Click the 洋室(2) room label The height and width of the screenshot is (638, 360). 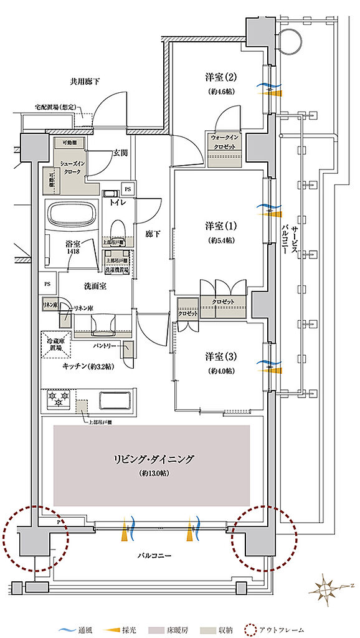[x=221, y=78]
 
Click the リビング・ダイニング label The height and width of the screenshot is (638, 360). [x=153, y=460]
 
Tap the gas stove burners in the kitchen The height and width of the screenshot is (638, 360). [x=57, y=399]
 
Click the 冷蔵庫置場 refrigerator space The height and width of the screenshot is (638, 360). [x=57, y=344]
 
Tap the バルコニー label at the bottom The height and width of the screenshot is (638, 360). [x=153, y=555]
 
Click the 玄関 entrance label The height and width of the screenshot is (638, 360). [x=121, y=153]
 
